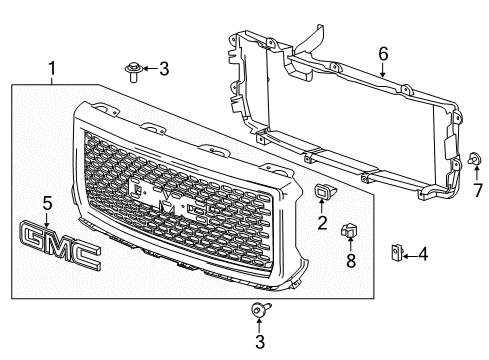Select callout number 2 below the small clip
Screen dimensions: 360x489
tap(322, 224)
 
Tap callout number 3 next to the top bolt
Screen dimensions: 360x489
tap(165, 68)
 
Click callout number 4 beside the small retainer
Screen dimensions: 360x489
tap(422, 255)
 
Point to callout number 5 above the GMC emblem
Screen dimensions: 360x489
tap(46, 203)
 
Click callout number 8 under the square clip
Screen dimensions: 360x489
tap(350, 263)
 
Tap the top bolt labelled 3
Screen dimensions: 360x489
tap(132, 69)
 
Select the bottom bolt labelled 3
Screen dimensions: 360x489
tap(257, 311)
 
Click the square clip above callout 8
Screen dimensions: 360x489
tap(350, 233)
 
